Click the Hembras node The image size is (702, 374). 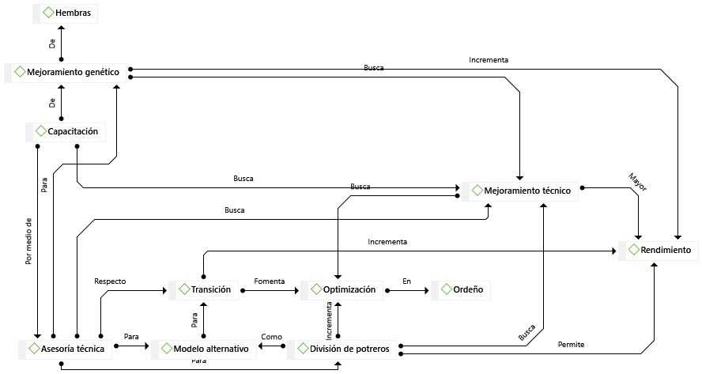[66, 13]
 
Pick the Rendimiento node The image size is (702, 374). [660, 250]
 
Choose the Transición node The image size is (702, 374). [204, 289]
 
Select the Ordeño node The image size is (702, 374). [461, 289]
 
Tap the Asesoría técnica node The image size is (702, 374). [65, 348]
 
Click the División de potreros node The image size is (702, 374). [342, 348]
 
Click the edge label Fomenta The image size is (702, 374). [269, 281]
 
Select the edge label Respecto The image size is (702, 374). [110, 281]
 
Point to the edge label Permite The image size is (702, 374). [571, 345]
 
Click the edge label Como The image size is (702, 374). [271, 337]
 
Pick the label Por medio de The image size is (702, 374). [28, 240]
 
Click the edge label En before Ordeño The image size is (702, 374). [406, 281]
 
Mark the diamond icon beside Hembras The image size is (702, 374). [48, 13]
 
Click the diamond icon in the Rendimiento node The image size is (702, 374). [633, 250]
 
